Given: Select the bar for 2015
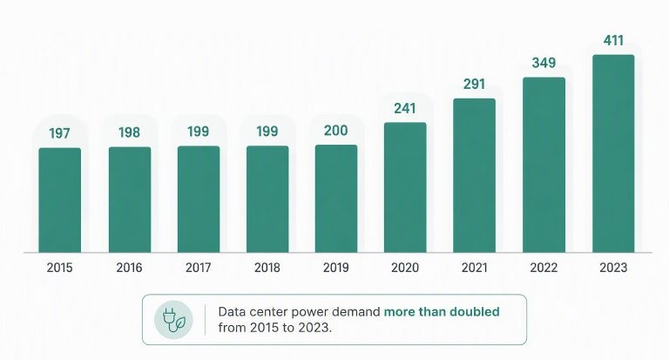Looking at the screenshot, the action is coord(60,200).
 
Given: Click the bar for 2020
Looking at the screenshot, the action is coord(405,187).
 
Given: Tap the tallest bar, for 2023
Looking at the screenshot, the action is coord(613,153).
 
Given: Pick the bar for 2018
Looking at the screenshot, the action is coord(267,200).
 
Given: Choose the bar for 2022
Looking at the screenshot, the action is coord(544,165).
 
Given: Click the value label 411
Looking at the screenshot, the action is coord(613,41).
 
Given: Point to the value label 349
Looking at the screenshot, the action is coord(544,64).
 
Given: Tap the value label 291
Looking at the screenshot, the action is coord(475,85).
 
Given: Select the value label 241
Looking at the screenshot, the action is coord(405,108).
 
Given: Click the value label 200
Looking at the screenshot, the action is coord(336,131).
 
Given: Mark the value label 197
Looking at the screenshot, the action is coord(59,133).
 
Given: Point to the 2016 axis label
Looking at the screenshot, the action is coord(129,268).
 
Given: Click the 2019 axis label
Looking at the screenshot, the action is coord(336,268).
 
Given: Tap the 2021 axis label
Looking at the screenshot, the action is coord(475,268).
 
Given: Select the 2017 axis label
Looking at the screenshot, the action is coord(199,268).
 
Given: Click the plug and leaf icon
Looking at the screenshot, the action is coord(173,320).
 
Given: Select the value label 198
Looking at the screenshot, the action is coord(129,132).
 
